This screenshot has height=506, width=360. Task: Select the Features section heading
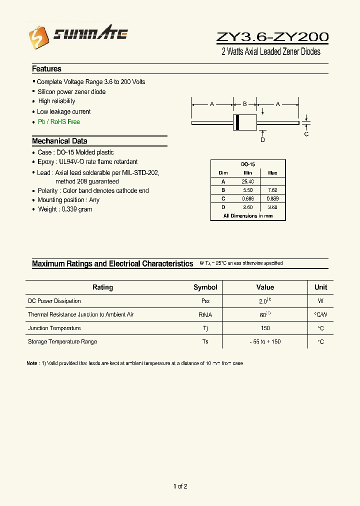46,69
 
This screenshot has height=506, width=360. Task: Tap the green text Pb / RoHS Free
58,122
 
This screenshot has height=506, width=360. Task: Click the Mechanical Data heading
59,141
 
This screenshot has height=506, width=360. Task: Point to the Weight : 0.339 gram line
65,209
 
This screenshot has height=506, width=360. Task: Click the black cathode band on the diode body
237,122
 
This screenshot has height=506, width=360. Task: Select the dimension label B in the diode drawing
245,104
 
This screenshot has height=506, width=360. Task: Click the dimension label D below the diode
262,140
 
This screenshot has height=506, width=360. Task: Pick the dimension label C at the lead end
306,134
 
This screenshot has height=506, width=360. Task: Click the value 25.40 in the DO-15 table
247,181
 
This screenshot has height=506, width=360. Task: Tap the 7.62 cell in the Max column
272,190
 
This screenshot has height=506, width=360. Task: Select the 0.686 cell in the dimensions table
247,198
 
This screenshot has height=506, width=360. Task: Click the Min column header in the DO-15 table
247,173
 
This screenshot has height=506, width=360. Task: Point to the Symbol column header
205,287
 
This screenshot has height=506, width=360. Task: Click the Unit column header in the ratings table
320,287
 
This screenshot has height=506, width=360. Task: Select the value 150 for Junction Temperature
265,328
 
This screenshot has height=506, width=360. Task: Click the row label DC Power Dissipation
54,301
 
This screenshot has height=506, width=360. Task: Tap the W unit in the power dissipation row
320,301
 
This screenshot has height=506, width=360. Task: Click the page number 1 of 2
180,486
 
